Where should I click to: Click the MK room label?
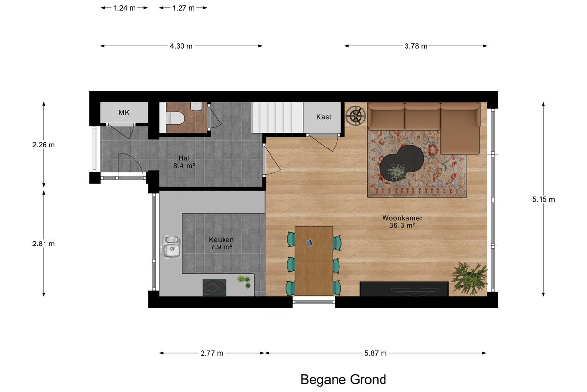(124, 113)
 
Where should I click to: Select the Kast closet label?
(324, 117)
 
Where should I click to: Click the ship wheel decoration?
(356, 115)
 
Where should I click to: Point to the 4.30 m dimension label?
(181, 46)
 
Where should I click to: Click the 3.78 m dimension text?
(416, 46)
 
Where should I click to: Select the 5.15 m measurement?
(543, 199)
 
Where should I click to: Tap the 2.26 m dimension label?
(44, 145)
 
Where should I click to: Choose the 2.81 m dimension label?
(44, 244)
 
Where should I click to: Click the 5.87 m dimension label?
(376, 353)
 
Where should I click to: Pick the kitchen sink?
(171, 247)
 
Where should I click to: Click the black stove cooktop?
(214, 288)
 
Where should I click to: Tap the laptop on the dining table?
(309, 243)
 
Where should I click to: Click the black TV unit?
(404, 289)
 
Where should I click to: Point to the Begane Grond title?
(343, 380)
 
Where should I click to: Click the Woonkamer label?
(402, 218)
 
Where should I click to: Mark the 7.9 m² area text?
(222, 247)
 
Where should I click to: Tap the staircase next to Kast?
(277, 118)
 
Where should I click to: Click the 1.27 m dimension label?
(183, 8)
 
